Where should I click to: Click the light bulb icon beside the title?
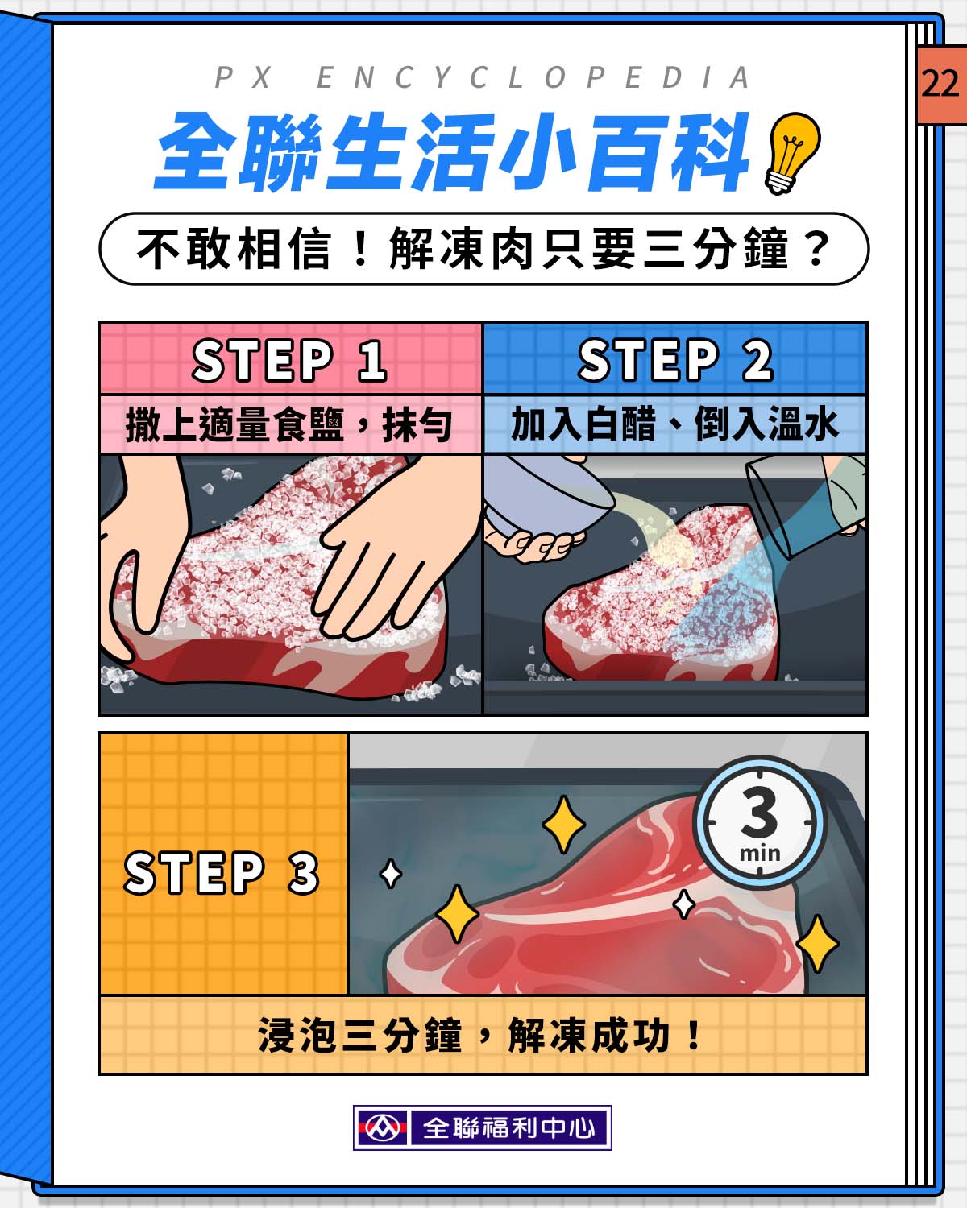click(x=791, y=153)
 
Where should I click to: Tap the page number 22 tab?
click(x=941, y=85)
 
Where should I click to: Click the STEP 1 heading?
click(x=289, y=360)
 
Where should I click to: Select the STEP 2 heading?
click(x=675, y=360)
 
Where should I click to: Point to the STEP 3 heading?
click(x=222, y=872)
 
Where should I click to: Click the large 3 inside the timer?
click(x=759, y=812)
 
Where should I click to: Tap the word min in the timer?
click(x=760, y=854)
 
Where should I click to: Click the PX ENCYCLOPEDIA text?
click(x=482, y=77)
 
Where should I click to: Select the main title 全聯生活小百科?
click(x=452, y=151)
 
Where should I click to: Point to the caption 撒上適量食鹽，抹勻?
click(x=288, y=425)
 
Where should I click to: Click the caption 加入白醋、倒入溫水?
click(x=674, y=424)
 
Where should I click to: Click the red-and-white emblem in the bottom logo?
click(x=383, y=1127)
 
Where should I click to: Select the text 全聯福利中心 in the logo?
click(x=509, y=1127)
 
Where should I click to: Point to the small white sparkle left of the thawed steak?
click(x=391, y=874)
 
